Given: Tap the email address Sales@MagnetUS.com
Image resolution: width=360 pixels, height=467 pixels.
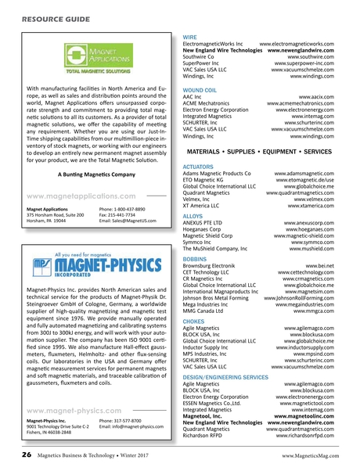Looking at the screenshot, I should tap(128, 221).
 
